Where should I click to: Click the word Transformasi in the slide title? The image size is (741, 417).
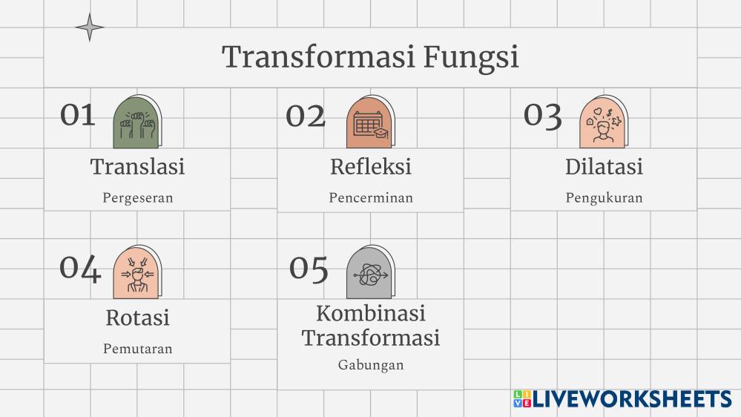319,56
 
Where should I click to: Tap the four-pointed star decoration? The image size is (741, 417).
90,27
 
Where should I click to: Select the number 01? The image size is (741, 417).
78,115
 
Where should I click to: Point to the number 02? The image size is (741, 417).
306,116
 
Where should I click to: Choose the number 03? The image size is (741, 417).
542,116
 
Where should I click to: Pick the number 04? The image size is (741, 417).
80,269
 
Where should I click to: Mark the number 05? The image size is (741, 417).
309,269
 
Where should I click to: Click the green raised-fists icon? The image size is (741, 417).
137,122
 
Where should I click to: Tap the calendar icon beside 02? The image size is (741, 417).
371,122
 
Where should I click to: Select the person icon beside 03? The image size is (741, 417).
604,122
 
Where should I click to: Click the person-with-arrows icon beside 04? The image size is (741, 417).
137,272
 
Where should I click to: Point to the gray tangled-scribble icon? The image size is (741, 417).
371,272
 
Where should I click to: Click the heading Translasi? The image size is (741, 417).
137,166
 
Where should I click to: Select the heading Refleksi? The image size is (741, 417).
371,166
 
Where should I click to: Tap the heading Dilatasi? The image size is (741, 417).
605,166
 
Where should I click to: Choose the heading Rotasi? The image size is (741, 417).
137,318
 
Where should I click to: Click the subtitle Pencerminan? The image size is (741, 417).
371,197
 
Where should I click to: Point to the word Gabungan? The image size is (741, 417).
371,365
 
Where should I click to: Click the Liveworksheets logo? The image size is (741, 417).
622,398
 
